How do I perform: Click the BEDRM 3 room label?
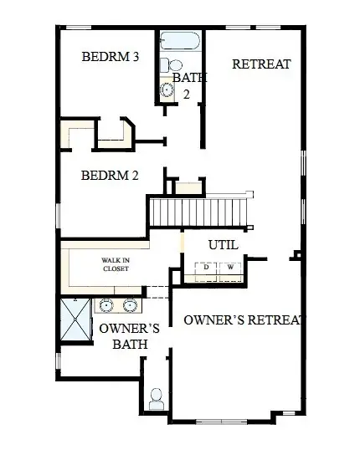(x=110, y=58)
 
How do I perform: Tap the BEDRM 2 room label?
(x=110, y=176)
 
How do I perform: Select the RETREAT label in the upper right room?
(x=261, y=64)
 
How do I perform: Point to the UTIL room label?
(x=223, y=245)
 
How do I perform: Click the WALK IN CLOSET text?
(x=116, y=265)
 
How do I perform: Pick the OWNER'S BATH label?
(x=124, y=335)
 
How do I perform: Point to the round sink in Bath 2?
(x=167, y=91)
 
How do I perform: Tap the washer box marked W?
(x=230, y=268)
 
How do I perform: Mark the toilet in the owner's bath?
(x=156, y=398)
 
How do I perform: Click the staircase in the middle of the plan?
(x=200, y=210)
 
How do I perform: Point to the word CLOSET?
(x=116, y=270)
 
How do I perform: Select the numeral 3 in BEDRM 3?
(x=134, y=58)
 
